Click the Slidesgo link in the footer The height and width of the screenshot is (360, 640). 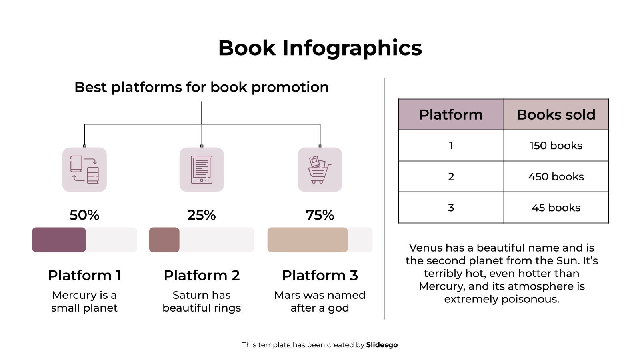point(382,345)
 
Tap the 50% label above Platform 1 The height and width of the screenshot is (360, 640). point(84,215)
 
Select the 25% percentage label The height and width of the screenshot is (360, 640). point(202,215)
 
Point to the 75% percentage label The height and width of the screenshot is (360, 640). point(320,215)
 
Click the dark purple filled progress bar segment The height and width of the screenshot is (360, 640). point(59,240)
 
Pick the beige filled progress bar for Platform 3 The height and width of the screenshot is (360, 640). point(307,240)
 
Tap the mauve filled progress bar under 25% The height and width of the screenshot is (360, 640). point(164,240)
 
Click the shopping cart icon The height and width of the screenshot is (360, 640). point(320,170)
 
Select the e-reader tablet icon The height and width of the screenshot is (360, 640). point(202,170)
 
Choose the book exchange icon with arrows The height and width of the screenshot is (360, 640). point(84,170)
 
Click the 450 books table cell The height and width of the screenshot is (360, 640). point(556,177)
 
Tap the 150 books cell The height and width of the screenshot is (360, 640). point(556,146)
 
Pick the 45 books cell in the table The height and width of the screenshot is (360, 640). point(556,208)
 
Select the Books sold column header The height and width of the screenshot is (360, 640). point(556,115)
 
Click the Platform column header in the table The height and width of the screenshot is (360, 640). point(451,115)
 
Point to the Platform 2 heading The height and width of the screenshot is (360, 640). point(202,276)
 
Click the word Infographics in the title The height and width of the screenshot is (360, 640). point(352,48)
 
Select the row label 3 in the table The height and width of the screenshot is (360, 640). point(451,208)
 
